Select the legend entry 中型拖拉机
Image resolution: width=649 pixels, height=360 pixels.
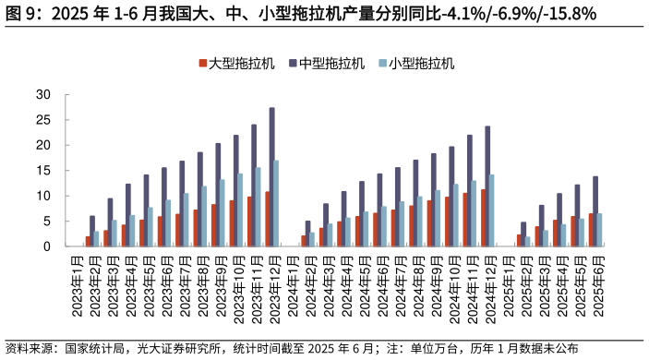pyautogui.click(x=333, y=64)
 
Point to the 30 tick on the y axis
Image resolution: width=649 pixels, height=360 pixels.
pyautogui.click(x=43, y=94)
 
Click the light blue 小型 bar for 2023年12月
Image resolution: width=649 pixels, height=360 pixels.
pyautogui.click(x=277, y=204)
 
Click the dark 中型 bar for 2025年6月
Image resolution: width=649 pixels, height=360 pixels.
pyautogui.click(x=595, y=211)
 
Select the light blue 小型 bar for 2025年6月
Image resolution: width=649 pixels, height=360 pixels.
pyautogui.click(x=601, y=230)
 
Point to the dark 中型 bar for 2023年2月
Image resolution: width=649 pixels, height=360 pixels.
pyautogui.click(x=91, y=231)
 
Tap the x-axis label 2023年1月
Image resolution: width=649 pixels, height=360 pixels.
pyautogui.click(x=78, y=285)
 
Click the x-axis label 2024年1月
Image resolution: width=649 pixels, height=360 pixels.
pyautogui.click(x=294, y=285)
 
